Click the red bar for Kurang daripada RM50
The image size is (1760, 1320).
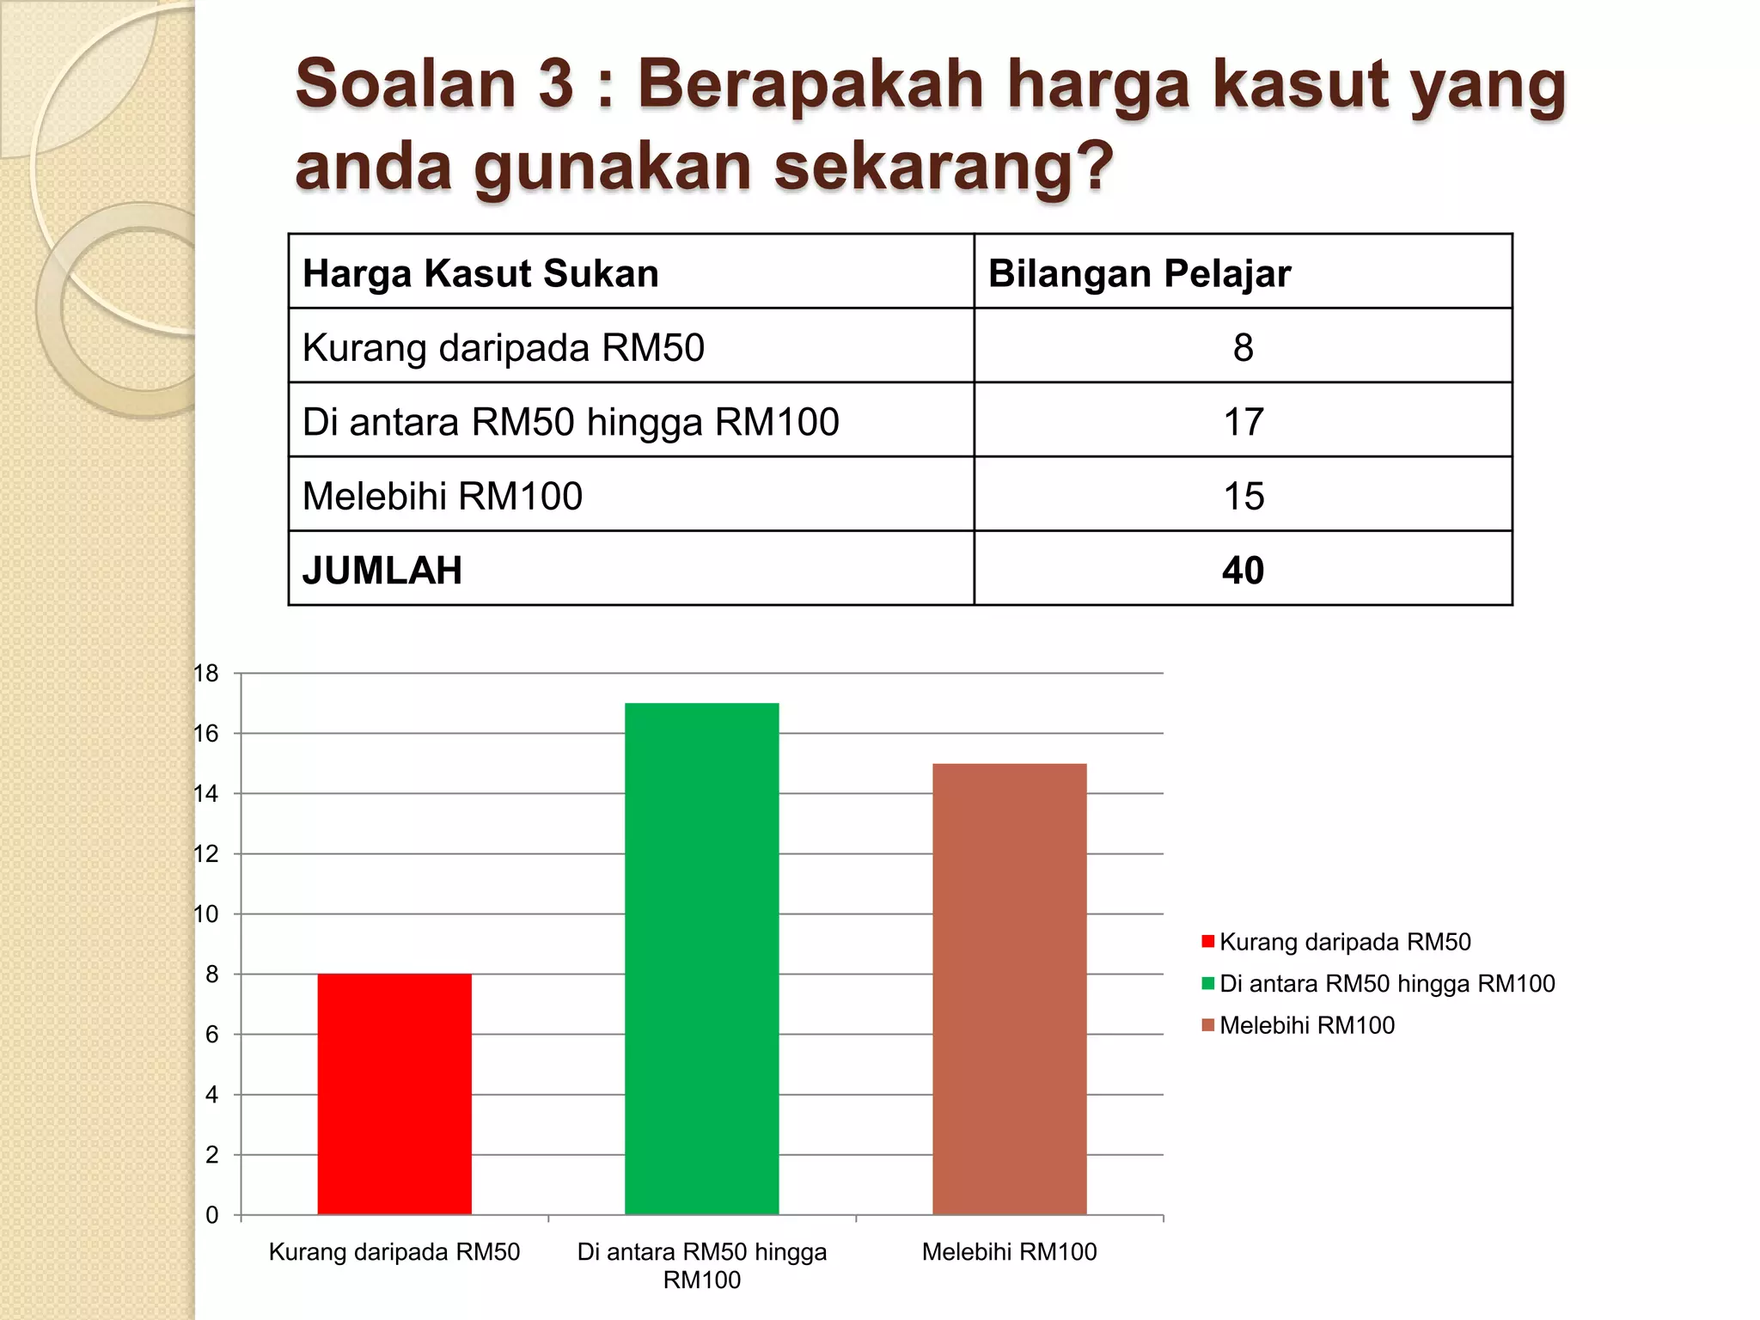coord(394,1093)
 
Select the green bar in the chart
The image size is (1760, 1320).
coord(701,958)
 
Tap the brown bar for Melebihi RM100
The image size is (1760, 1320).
coord(1009,988)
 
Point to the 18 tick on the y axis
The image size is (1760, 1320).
coord(206,674)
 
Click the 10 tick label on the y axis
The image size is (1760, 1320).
coord(206,914)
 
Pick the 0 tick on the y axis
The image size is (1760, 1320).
coord(211,1215)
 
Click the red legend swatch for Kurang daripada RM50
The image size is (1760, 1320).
coord(1208,942)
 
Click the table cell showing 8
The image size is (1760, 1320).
coord(1243,347)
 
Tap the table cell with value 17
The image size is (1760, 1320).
coord(1243,422)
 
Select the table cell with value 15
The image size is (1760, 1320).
coord(1243,496)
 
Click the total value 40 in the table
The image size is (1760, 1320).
coord(1243,571)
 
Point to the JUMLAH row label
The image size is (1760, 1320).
coord(382,571)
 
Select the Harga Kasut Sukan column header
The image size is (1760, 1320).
coord(480,273)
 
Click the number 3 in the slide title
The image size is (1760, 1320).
coord(555,84)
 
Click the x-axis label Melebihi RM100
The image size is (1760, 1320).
coord(1009,1252)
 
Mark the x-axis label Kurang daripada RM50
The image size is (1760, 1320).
coord(394,1252)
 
